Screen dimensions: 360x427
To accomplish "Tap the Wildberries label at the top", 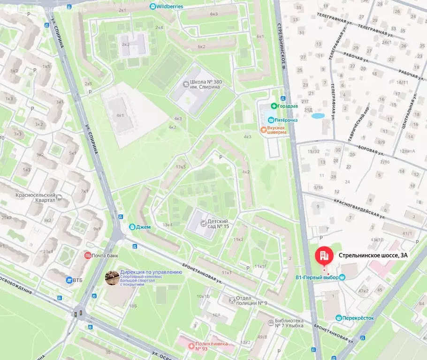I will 170,6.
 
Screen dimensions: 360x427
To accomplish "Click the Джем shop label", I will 143,227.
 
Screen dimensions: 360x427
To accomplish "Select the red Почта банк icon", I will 87,255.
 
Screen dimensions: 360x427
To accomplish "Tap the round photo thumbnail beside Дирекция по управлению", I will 112,277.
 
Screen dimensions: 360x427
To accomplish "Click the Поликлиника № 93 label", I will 211,346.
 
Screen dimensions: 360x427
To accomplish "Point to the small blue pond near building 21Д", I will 318,115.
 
